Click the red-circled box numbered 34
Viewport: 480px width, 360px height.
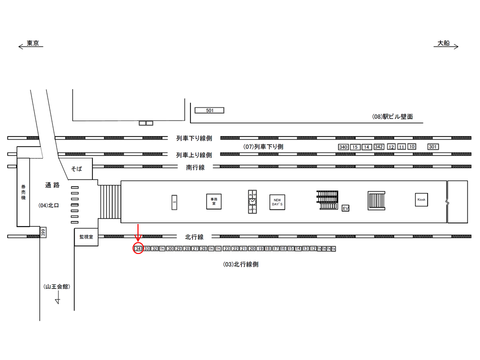pyautogui.click(x=138, y=248)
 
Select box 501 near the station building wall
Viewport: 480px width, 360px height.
pyautogui.click(x=209, y=110)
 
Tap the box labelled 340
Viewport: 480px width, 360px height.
pyautogui.click(x=343, y=147)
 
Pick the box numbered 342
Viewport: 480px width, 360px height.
pyautogui.click(x=378, y=147)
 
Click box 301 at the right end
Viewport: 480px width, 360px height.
pyautogui.click(x=433, y=146)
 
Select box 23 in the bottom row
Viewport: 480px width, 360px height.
pyautogui.click(x=227, y=248)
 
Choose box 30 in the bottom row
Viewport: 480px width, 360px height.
pyautogui.click(x=170, y=248)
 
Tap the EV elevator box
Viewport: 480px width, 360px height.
pyautogui.click(x=345, y=208)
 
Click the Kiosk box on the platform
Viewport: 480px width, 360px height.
pyautogui.click(x=421, y=200)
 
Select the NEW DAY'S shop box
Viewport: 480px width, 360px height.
pyautogui.click(x=277, y=202)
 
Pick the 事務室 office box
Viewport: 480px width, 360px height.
pyautogui.click(x=213, y=201)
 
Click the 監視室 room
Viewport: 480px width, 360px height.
pyautogui.click(x=86, y=237)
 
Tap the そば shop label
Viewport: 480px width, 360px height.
pyautogui.click(x=76, y=169)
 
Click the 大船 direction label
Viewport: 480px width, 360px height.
pyautogui.click(x=443, y=43)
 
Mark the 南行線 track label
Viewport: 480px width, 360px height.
pyautogui.click(x=195, y=167)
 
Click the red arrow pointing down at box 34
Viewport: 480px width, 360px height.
pyautogui.click(x=138, y=233)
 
